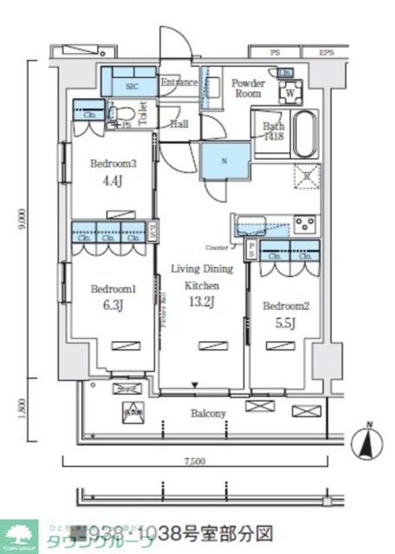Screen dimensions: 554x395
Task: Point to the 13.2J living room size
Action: point(201,302)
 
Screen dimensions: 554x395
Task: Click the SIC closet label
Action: point(131,85)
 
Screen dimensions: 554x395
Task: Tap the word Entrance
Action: point(179,82)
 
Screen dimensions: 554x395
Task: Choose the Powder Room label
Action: point(248,88)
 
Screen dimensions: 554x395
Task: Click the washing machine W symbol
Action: point(290,93)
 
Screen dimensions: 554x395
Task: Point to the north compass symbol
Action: point(368,445)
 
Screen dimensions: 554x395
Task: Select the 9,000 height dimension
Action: point(23,218)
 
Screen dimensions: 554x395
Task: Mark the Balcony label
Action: point(208,413)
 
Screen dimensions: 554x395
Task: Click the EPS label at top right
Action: point(327,51)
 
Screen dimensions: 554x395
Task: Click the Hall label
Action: point(179,123)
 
